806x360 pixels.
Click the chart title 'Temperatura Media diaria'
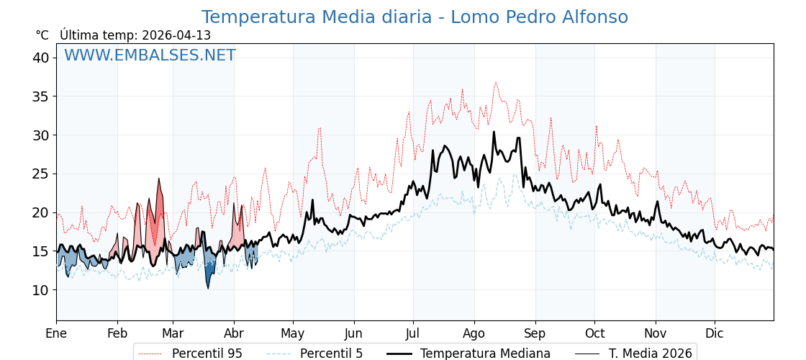click(x=415, y=17)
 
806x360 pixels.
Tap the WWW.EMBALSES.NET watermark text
click(x=150, y=55)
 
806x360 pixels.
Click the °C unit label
click(x=42, y=35)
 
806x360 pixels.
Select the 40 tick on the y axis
click(x=40, y=58)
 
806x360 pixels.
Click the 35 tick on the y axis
click(x=40, y=96)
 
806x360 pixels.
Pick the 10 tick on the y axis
click(x=40, y=290)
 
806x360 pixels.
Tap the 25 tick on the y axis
click(x=40, y=174)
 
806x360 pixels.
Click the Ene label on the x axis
click(x=56, y=333)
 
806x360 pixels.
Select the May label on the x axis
click(x=293, y=333)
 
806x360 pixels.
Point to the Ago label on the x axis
click(x=474, y=333)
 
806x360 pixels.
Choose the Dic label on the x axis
click(x=715, y=333)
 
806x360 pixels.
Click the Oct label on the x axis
click(x=594, y=333)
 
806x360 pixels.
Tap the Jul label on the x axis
click(x=413, y=333)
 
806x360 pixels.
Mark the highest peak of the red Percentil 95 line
click(x=495, y=82)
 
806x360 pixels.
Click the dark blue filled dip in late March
click(x=209, y=274)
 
